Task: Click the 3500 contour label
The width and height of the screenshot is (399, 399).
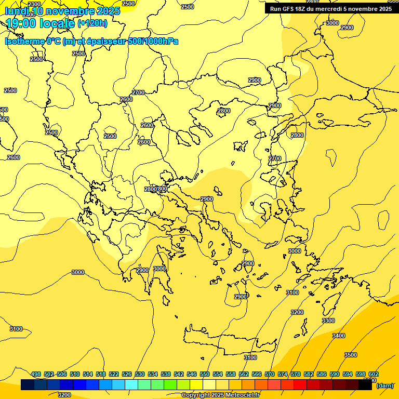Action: (x=351, y=355)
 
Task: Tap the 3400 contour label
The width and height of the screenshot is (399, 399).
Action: (x=338, y=336)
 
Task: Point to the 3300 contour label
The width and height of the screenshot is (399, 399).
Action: (x=328, y=321)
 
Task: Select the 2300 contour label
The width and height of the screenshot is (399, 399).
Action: (x=34, y=4)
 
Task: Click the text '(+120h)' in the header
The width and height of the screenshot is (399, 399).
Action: (x=92, y=23)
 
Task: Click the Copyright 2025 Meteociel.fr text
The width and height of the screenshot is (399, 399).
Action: (x=220, y=395)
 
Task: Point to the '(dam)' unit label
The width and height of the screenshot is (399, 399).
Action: (x=384, y=385)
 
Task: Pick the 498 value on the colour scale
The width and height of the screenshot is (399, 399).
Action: (x=36, y=374)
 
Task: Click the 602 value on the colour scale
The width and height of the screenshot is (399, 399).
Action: (x=374, y=374)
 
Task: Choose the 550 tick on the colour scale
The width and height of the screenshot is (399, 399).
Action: (x=205, y=374)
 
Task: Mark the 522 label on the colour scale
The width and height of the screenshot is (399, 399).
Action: (x=114, y=374)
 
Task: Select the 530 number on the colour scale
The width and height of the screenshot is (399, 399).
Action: (x=140, y=374)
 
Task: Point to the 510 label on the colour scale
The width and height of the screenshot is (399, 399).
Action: (x=75, y=374)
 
